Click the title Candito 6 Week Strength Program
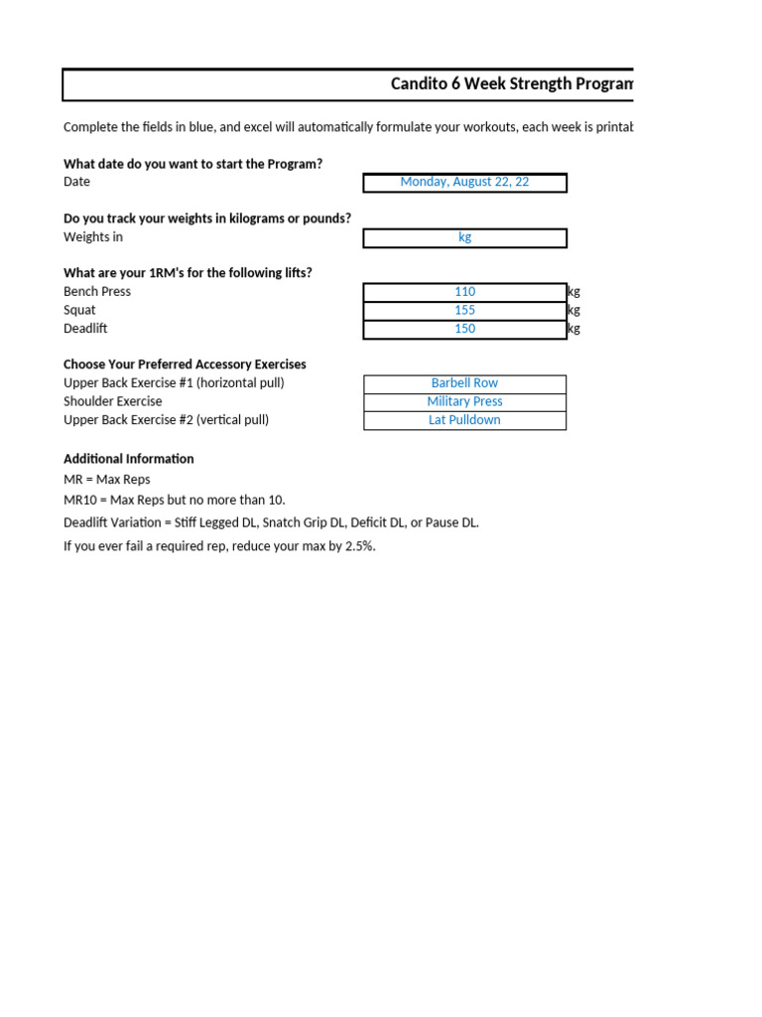click(511, 84)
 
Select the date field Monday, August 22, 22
click(464, 183)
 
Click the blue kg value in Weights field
click(464, 237)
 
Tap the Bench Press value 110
click(464, 292)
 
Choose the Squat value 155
click(464, 310)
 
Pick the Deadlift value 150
click(464, 329)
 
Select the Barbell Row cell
click(464, 383)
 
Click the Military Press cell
click(464, 401)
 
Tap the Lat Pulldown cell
click(464, 420)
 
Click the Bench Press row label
click(97, 292)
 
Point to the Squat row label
click(79, 310)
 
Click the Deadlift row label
click(84, 329)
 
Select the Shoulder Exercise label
click(112, 401)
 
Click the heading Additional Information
click(129, 459)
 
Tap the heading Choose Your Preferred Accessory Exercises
click(185, 364)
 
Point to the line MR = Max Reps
click(107, 480)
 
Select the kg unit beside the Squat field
click(573, 310)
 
